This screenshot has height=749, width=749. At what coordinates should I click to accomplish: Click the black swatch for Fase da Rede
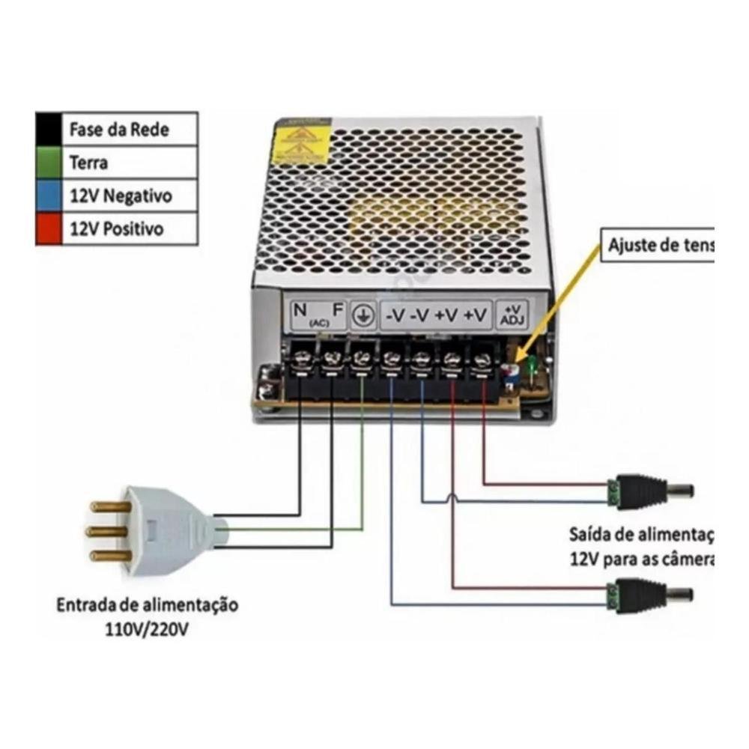coord(49,129)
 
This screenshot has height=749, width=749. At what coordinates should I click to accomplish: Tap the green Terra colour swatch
coord(49,162)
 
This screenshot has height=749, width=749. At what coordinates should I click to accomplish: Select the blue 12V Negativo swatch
coord(49,195)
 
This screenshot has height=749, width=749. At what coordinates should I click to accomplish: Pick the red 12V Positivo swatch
coord(49,228)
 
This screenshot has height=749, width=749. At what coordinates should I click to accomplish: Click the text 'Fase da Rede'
coord(119,130)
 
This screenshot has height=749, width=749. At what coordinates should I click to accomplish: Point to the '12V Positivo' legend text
coord(116,229)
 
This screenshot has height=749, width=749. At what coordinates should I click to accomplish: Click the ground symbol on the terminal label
coord(363,315)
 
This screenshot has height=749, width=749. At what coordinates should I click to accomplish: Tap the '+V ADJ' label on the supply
coord(513,315)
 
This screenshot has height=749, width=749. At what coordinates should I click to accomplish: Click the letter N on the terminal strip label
coord(300,310)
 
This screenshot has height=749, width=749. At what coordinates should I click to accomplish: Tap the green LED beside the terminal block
coord(531,365)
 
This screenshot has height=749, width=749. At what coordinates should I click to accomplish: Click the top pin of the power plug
coord(110,507)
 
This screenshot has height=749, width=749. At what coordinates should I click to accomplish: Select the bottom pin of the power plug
coord(110,556)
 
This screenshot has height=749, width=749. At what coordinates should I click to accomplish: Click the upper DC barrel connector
coord(650,491)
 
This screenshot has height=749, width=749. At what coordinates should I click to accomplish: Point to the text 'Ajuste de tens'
coord(659,245)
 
